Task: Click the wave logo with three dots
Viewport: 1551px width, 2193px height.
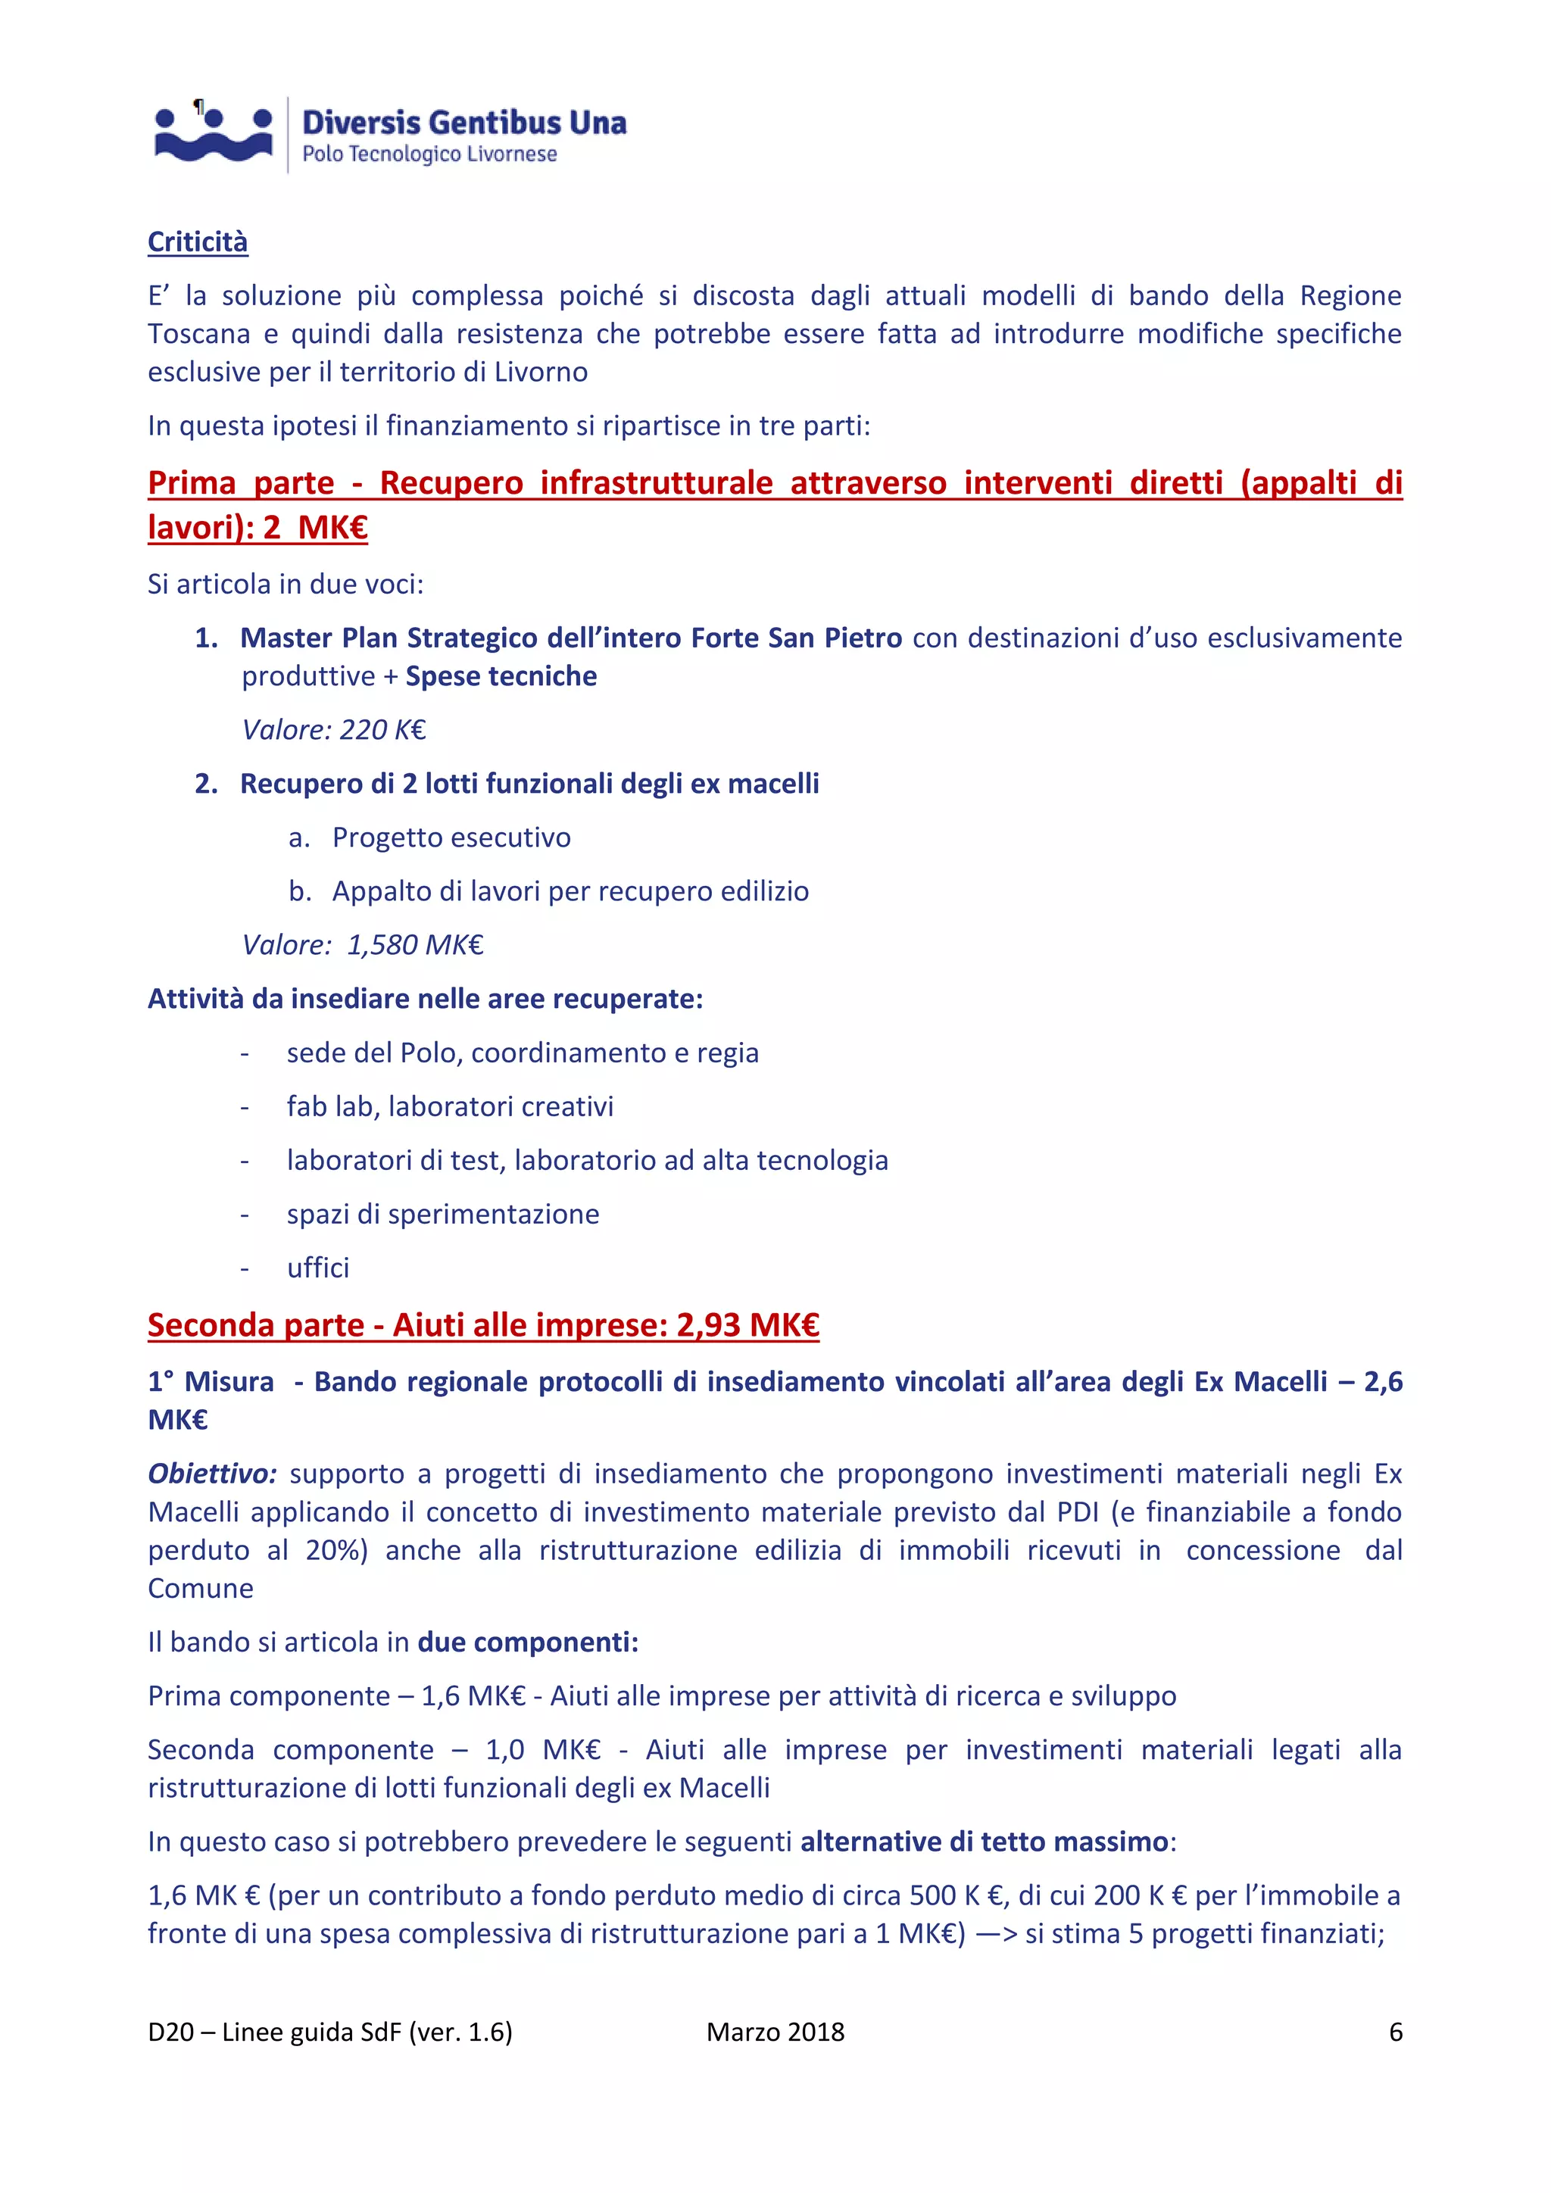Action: [213, 135]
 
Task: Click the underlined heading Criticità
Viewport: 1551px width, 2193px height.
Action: [198, 242]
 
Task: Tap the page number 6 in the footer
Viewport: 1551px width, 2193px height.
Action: [1395, 2032]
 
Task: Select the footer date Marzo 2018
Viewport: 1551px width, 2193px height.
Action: [775, 2032]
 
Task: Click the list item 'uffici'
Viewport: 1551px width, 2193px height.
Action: [318, 1268]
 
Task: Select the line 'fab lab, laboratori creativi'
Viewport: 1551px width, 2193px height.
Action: [450, 1106]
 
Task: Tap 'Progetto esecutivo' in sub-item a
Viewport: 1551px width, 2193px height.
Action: [451, 838]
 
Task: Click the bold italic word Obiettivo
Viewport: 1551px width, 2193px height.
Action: [211, 1473]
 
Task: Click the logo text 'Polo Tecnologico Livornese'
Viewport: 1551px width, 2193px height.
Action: [429, 154]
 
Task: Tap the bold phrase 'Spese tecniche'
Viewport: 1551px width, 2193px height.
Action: [501, 676]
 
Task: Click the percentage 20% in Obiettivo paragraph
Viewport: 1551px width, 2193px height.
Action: [335, 1549]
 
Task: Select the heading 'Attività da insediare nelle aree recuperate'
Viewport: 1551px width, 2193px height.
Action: [425, 999]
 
